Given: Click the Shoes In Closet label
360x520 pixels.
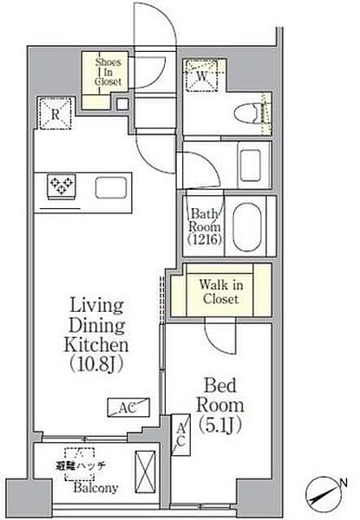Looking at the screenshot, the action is (x=108, y=72).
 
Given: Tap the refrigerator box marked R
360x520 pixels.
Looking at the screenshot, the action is (x=56, y=114).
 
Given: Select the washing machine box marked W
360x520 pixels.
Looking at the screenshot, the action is (x=202, y=75).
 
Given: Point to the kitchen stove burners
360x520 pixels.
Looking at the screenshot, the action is (x=62, y=185).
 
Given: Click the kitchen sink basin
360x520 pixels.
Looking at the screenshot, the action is (x=111, y=188).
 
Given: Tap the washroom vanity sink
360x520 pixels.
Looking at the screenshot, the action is (x=250, y=166).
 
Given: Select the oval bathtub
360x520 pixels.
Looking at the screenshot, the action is (x=247, y=226).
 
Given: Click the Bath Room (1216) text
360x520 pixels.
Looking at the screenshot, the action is (x=205, y=227).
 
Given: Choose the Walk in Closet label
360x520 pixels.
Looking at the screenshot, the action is (x=221, y=292).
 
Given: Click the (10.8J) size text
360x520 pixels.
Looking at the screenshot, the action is (x=96, y=365).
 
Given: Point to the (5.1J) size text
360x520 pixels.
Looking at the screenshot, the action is (x=220, y=426).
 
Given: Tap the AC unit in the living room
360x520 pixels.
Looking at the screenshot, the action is (x=128, y=407).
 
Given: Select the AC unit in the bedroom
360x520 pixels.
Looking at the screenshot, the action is (x=180, y=434).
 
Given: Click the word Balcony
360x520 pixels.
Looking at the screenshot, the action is (x=96, y=488).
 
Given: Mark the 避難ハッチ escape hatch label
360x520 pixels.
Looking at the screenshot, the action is (x=81, y=466).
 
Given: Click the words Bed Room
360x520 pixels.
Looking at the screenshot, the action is (x=220, y=395).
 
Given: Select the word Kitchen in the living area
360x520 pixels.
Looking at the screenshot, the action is (x=96, y=345).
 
